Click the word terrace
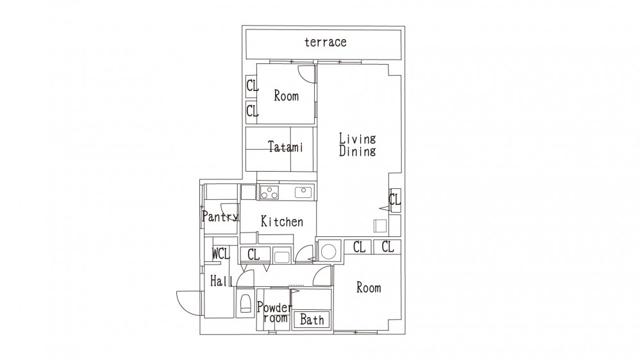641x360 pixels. tap(326, 42)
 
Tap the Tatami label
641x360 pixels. tap(285, 146)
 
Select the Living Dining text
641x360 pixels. tap(357, 145)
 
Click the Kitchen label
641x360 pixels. tap(281, 222)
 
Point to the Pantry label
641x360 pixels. tap(220, 216)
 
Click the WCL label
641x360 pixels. tap(221, 254)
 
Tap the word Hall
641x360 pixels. tap(222, 281)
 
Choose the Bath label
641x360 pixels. tap(312, 320)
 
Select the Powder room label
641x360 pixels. tap(275, 312)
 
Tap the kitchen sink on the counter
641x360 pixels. tap(303, 192)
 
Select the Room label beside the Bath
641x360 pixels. tap(369, 288)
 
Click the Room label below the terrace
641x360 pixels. tap(286, 96)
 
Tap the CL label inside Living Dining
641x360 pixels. tap(394, 200)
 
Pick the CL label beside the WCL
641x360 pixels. tap(253, 254)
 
